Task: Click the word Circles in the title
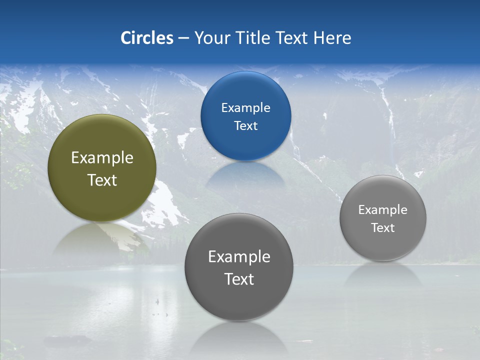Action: (x=147, y=38)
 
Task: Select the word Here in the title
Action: (x=332, y=38)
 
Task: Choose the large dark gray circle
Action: (x=238, y=300)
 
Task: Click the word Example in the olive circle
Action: (x=102, y=158)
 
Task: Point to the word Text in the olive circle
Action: (x=102, y=180)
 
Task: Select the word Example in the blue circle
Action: (x=245, y=108)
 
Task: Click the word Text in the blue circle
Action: (x=245, y=126)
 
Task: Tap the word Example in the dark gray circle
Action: (x=239, y=257)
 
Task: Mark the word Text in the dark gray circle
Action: (x=239, y=279)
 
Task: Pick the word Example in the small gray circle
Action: (x=383, y=210)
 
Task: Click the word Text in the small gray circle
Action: (x=383, y=228)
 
